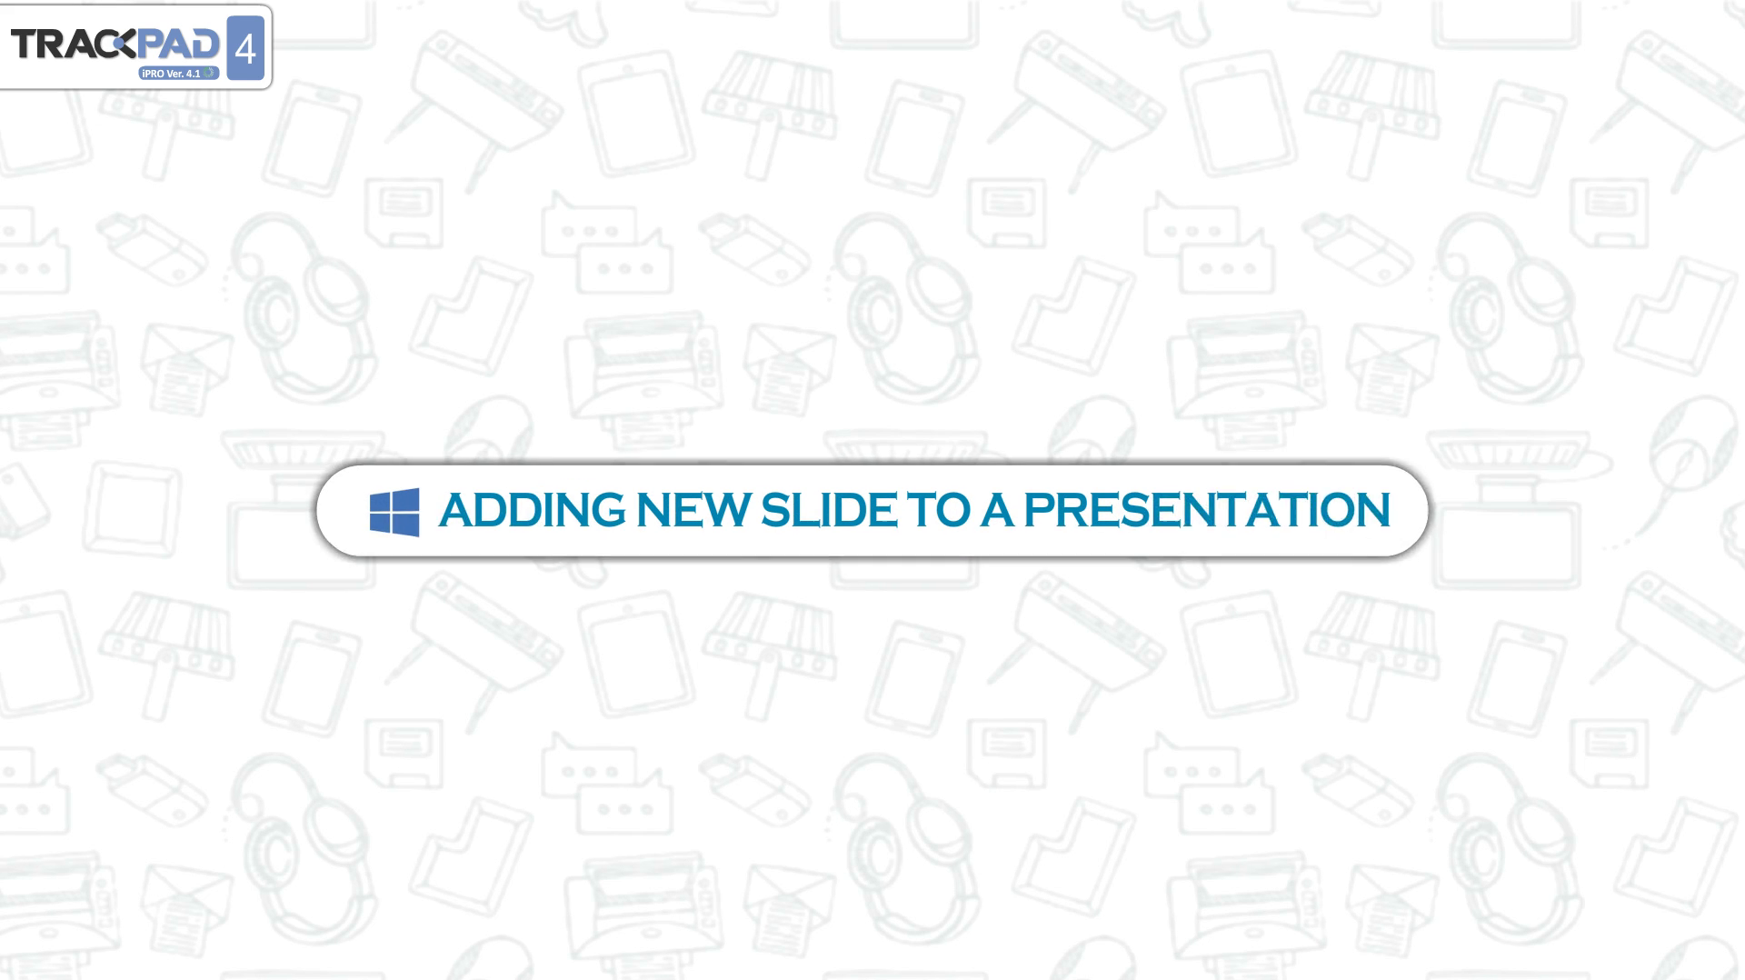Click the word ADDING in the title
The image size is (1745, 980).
pyautogui.click(x=532, y=510)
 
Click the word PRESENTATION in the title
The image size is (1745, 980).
pyautogui.click(x=1207, y=510)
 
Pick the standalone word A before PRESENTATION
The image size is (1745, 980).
pyautogui.click(x=997, y=510)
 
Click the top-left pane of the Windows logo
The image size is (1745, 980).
pyautogui.click(x=381, y=502)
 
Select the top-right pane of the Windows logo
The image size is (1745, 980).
pyautogui.click(x=407, y=499)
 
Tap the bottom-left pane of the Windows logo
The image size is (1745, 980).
pyautogui.click(x=381, y=522)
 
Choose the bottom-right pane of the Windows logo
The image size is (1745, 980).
pyautogui.click(x=407, y=525)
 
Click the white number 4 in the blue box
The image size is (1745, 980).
pyautogui.click(x=245, y=48)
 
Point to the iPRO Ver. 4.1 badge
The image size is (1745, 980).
pyautogui.click(x=179, y=73)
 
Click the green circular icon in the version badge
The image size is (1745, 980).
pyautogui.click(x=209, y=73)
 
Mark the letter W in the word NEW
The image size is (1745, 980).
pyautogui.click(x=729, y=510)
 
